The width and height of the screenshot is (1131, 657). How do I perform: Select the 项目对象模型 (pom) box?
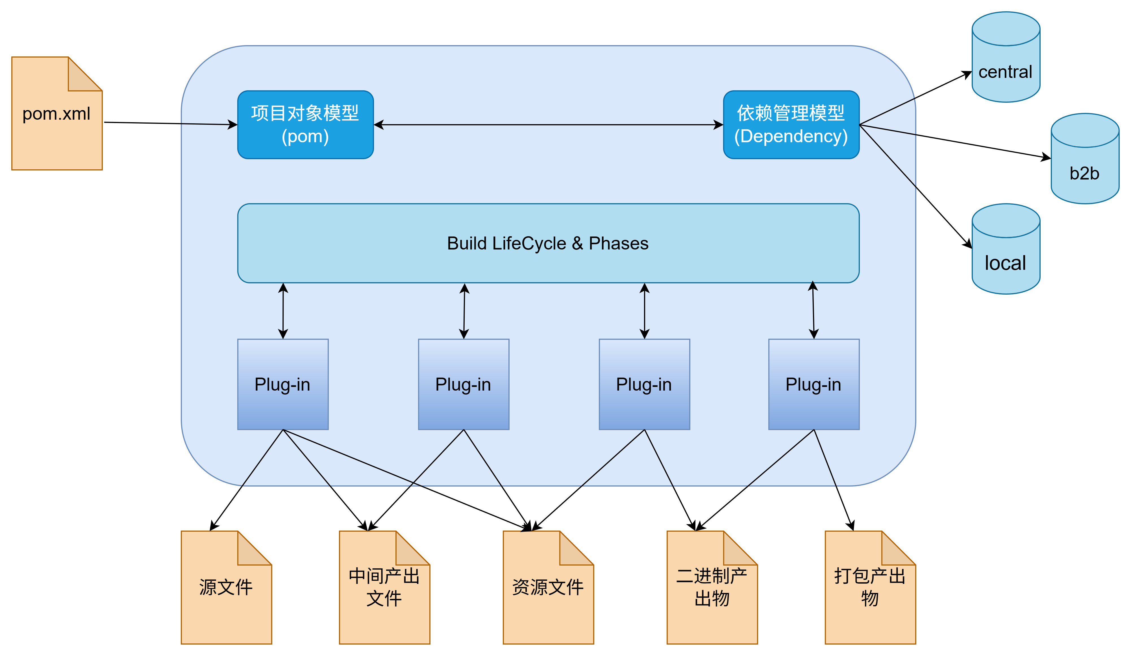[305, 125]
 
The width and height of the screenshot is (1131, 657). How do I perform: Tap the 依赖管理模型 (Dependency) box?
[791, 125]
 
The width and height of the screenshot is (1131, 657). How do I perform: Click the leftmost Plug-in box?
[283, 384]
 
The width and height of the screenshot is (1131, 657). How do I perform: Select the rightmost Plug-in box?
[814, 384]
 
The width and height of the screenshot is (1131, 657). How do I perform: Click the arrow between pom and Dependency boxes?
[547, 125]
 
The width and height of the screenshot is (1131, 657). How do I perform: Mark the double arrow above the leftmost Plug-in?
[283, 311]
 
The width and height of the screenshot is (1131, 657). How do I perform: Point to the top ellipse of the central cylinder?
[1006, 29]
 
